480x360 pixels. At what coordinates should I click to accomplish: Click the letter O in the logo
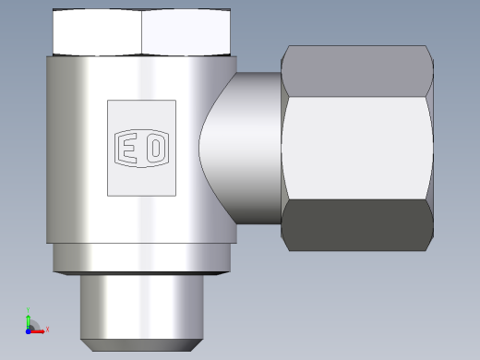point(156,148)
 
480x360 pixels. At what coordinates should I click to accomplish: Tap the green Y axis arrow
point(29,321)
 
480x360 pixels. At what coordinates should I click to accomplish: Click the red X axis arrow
point(37,331)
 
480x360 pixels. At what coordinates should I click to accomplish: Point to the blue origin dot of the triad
point(28,331)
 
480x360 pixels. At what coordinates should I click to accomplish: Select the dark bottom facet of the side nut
point(357,225)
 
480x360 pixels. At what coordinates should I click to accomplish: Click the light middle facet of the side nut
point(357,149)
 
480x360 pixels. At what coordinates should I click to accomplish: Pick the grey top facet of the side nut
point(357,71)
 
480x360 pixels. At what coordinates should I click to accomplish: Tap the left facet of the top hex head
point(97,32)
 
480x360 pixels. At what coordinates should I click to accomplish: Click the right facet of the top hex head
point(186,32)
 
